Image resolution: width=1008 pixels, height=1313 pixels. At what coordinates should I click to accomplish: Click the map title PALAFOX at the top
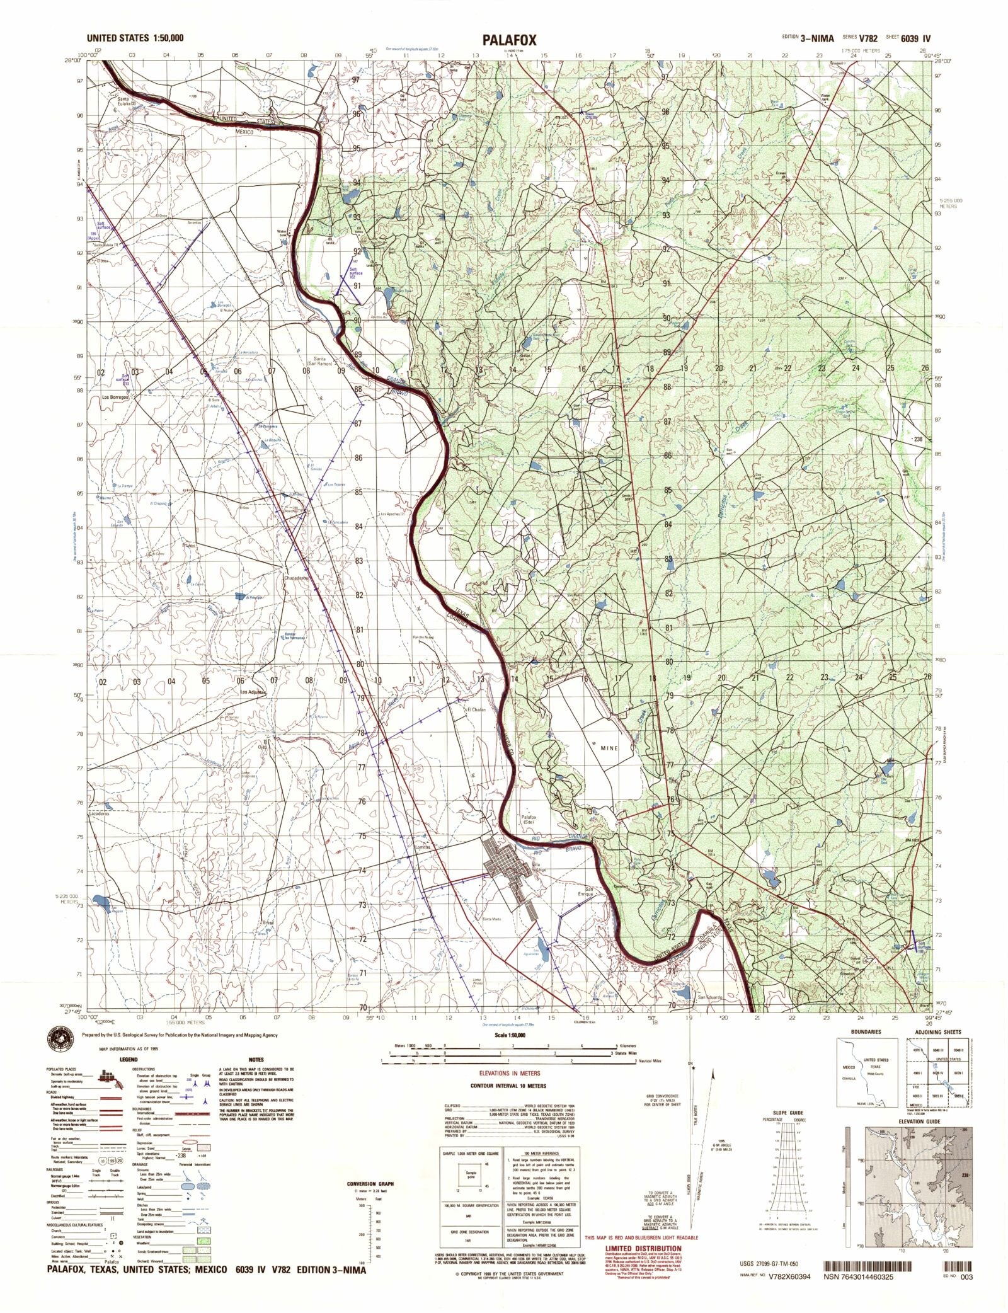(510, 40)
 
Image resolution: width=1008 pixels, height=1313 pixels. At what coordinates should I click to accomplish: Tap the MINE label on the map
(605, 748)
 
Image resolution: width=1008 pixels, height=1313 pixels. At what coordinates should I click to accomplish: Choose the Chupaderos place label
(295, 578)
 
